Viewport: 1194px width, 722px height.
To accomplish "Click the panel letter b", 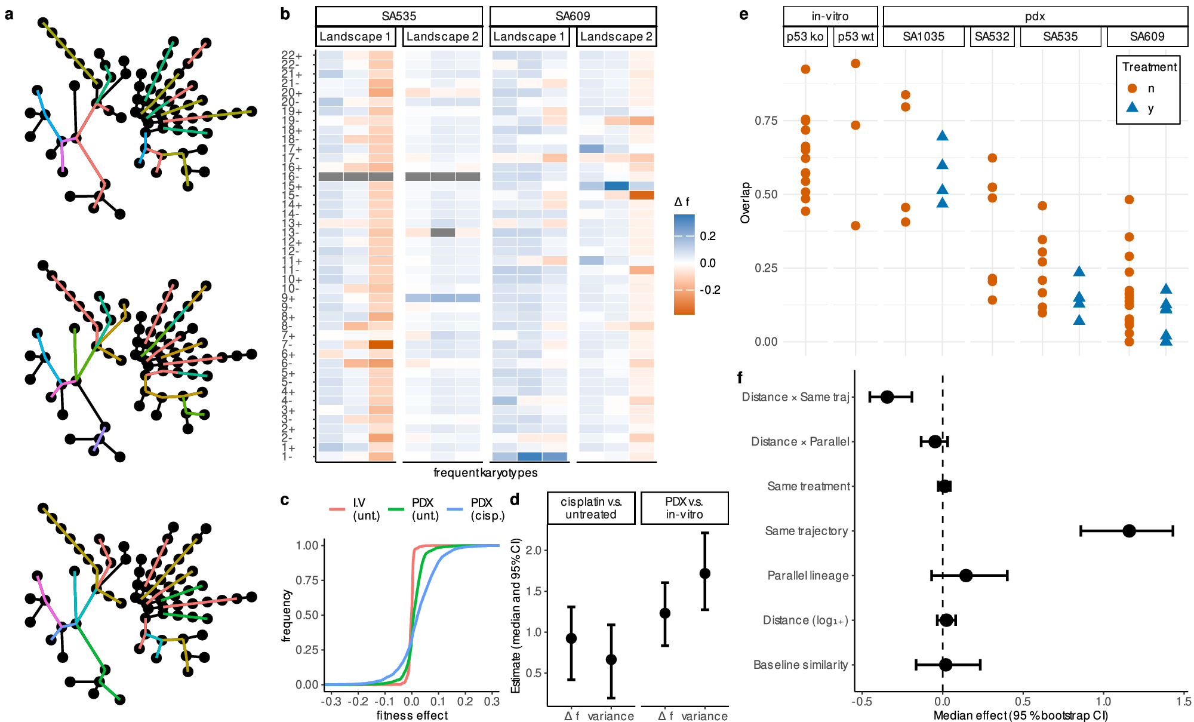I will point(285,14).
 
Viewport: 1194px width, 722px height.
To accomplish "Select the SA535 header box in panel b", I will point(399,16).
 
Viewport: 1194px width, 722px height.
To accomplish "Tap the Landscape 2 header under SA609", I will point(616,36).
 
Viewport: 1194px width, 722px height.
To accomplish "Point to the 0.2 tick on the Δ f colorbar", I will point(707,236).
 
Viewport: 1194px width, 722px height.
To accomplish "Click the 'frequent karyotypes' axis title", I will point(485,473).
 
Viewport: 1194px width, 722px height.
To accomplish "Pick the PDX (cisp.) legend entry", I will point(487,509).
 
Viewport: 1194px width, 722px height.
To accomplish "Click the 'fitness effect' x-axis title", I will point(412,715).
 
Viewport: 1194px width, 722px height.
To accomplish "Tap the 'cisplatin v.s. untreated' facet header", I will point(591,508).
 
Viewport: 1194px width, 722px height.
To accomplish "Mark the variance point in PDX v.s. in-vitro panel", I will point(704,573).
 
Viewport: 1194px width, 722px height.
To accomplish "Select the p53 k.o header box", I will point(805,36).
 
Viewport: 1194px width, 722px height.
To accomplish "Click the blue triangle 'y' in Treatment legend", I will point(1132,108).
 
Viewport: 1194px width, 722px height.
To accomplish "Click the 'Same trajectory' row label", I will point(806,531).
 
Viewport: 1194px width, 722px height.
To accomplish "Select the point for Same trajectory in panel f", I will point(1128,531).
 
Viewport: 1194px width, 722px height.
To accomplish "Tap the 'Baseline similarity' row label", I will point(800,665).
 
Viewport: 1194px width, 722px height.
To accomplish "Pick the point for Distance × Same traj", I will point(887,397).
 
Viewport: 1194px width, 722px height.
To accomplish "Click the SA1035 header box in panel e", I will point(923,36).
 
